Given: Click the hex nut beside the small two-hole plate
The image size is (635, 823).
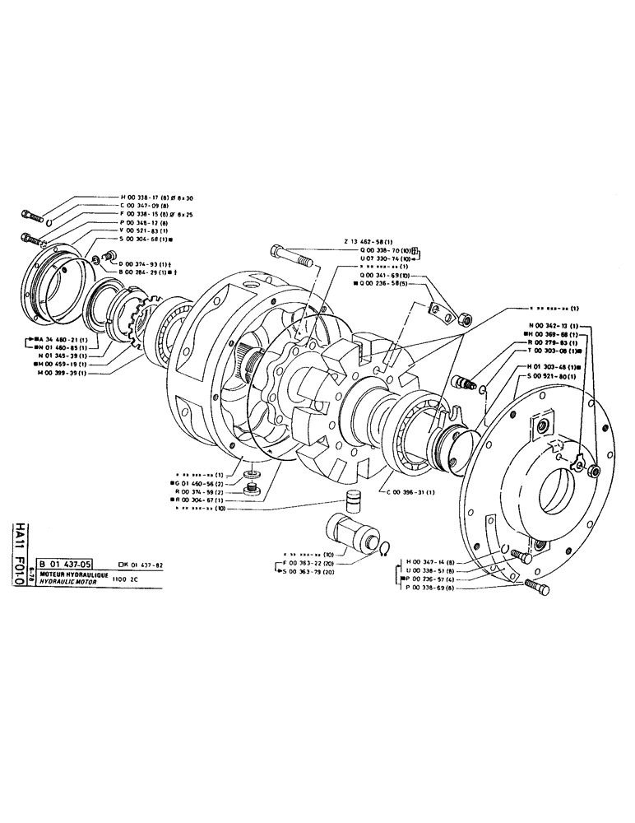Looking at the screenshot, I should [463, 316].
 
